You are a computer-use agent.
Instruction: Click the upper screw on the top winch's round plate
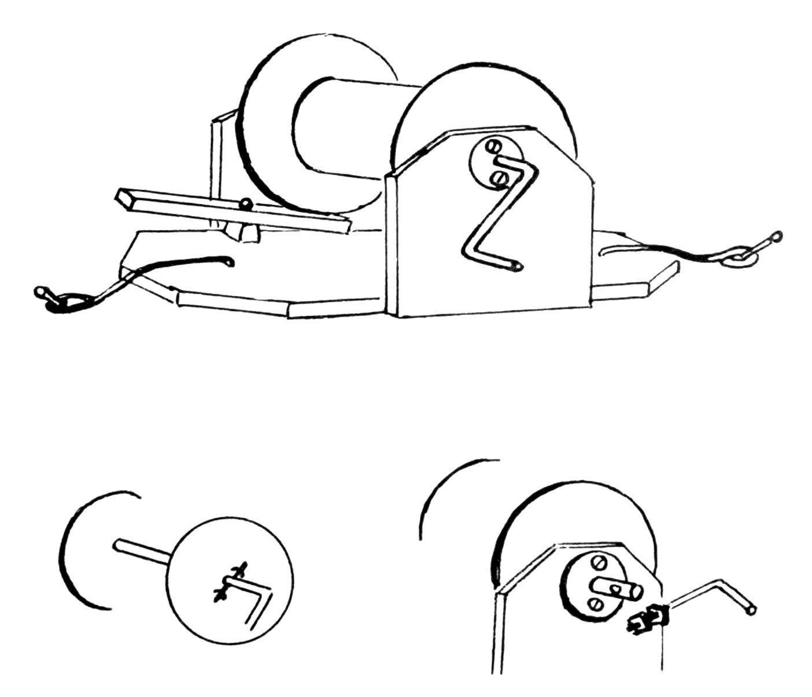[x=493, y=147]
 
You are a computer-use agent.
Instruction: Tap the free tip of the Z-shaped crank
[x=518, y=266]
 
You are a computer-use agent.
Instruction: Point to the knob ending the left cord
[x=41, y=291]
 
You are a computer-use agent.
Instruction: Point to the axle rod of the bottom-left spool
[x=142, y=550]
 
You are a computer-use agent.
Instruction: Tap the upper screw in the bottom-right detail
[x=598, y=562]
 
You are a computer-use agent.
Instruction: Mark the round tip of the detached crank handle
[x=750, y=610]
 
